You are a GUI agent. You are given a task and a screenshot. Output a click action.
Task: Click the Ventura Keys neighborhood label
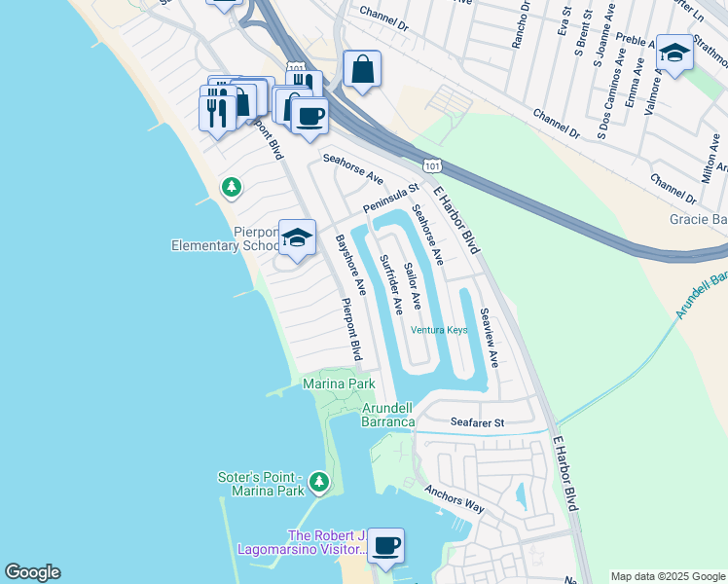(439, 330)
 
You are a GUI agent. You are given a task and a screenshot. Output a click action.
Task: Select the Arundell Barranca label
(389, 415)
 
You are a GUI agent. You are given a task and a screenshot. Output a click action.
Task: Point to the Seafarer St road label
(477, 423)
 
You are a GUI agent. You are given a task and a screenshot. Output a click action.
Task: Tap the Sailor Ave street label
(413, 285)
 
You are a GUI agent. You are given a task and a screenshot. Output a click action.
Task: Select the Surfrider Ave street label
(391, 284)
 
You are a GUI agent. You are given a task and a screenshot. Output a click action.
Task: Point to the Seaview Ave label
(489, 337)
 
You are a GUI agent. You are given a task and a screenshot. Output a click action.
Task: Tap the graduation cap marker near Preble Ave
(674, 53)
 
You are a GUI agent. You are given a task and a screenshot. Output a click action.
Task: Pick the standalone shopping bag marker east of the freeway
(362, 69)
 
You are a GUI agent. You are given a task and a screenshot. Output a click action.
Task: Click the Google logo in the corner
(32, 572)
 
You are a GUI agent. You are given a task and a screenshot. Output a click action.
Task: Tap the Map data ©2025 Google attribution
(667, 576)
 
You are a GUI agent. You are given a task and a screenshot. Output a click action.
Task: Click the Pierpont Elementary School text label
(225, 238)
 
